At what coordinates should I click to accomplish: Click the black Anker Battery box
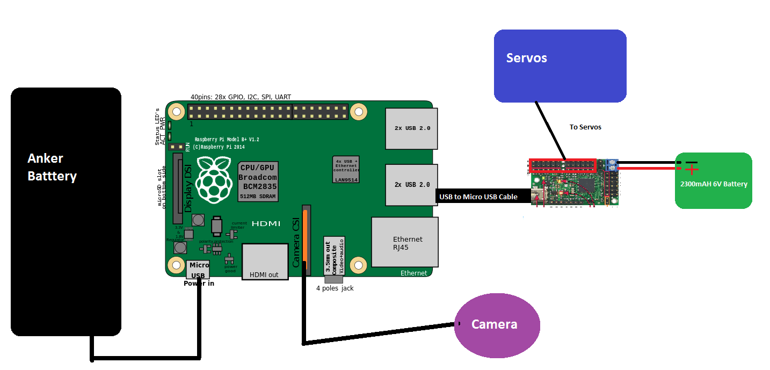[66, 212]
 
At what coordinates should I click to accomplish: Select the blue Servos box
[560, 66]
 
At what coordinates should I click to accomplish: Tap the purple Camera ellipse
[497, 325]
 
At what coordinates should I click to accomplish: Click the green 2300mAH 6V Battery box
[713, 180]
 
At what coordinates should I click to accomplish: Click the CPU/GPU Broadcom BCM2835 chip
[258, 181]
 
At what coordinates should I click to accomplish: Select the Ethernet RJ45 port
[404, 242]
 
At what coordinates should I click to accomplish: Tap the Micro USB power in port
[198, 269]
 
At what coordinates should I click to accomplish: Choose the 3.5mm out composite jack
[333, 256]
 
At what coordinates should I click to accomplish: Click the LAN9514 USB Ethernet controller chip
[346, 170]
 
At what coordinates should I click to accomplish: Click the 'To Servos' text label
[585, 127]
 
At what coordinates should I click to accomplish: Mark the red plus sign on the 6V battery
[692, 170]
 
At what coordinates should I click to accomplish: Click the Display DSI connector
[178, 188]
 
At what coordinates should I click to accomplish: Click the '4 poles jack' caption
[335, 288]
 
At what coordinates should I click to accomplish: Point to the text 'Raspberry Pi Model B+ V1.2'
[227, 140]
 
